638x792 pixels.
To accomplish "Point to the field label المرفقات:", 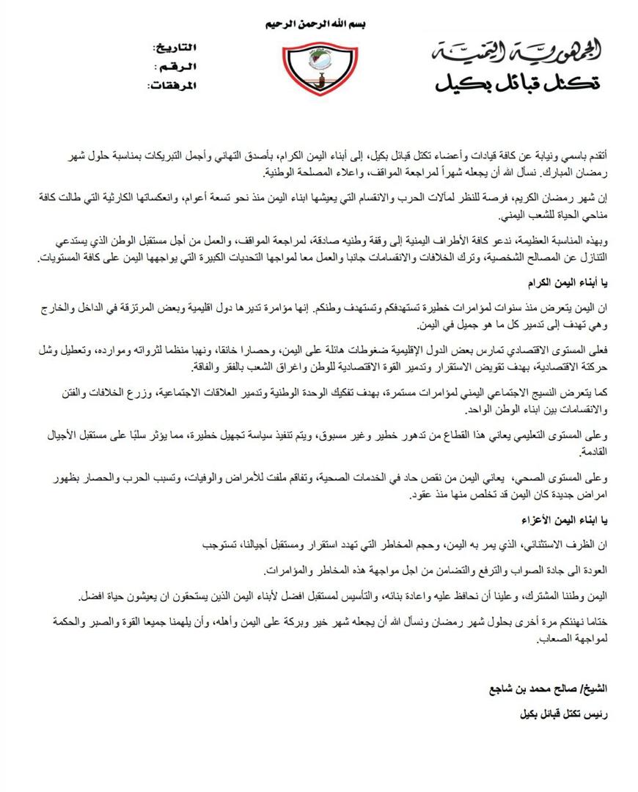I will point(171,86).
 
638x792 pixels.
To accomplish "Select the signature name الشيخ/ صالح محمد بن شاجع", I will point(549,690).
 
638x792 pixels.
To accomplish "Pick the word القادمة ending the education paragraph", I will point(590,453).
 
